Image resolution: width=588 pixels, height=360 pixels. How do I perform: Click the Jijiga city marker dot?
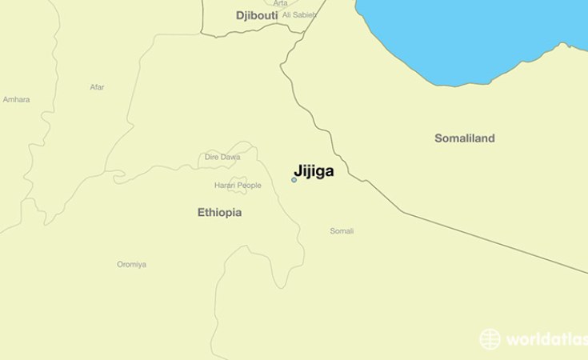coord(294,180)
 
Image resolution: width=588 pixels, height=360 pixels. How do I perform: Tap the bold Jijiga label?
coord(314,170)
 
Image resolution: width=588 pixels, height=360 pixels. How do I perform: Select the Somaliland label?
coord(464,138)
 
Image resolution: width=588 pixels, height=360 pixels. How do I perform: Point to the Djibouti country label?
coord(255,15)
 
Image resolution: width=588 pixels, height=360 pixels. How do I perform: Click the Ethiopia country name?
coord(219,213)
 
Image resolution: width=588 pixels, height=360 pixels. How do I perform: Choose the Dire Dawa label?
coord(222,157)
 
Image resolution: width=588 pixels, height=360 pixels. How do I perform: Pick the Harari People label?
coord(238,186)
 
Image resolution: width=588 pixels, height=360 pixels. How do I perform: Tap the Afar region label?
coord(97,87)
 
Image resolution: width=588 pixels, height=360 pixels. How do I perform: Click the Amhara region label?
coord(16,99)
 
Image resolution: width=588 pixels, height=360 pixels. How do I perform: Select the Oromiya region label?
coord(131,264)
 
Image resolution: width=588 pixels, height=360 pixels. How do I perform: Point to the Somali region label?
coord(342,231)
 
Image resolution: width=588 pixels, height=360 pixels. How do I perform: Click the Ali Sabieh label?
coord(298,15)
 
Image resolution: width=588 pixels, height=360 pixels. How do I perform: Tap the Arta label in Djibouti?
coord(280,4)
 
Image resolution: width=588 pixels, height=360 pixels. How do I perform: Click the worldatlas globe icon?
coord(490,339)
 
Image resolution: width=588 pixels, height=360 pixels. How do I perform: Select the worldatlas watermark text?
coord(546,340)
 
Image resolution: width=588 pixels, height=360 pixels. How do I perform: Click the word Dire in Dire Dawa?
coord(212,157)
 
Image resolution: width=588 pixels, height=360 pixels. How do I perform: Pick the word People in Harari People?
coord(249,186)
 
